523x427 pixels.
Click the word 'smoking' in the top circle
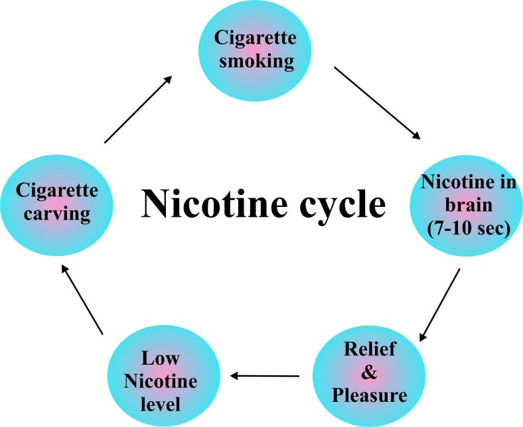256,62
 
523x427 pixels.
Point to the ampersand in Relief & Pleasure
370,372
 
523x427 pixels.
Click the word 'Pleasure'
370,396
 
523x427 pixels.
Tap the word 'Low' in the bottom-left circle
161,358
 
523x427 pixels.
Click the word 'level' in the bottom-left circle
161,404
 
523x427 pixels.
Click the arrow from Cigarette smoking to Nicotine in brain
377,103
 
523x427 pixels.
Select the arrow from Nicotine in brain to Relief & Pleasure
439,305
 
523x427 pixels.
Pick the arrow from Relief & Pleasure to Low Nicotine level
264,377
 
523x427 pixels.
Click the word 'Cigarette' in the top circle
256,37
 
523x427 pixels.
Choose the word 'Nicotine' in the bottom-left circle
161,381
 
